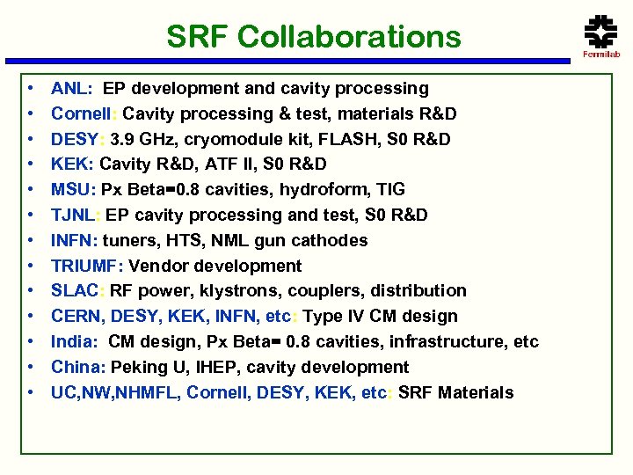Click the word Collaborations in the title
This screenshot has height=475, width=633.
point(349,37)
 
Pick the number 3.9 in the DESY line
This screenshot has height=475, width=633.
point(117,139)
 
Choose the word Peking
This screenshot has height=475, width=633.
point(136,368)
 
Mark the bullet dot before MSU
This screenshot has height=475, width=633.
point(30,190)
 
